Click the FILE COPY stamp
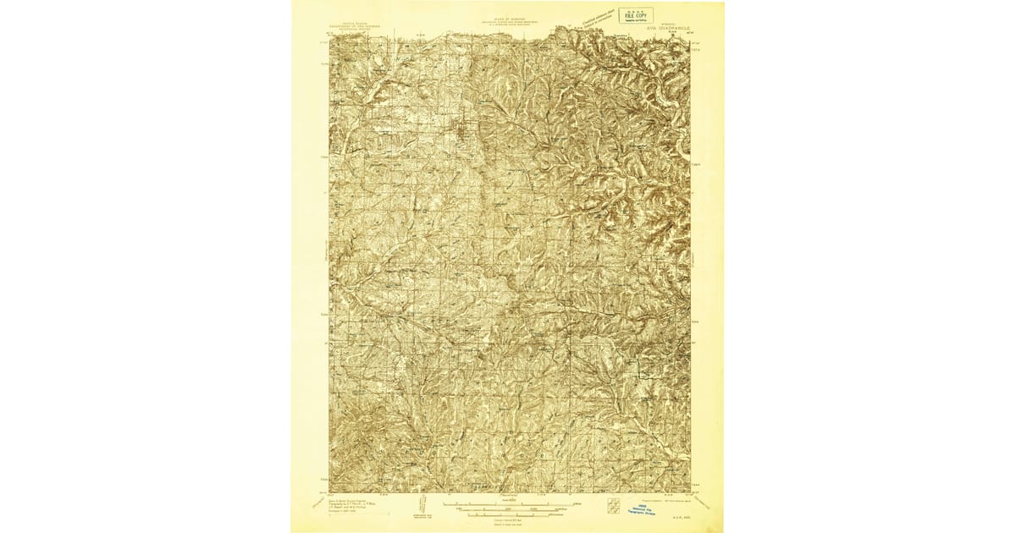[635, 14]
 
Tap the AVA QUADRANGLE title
[669, 27]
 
